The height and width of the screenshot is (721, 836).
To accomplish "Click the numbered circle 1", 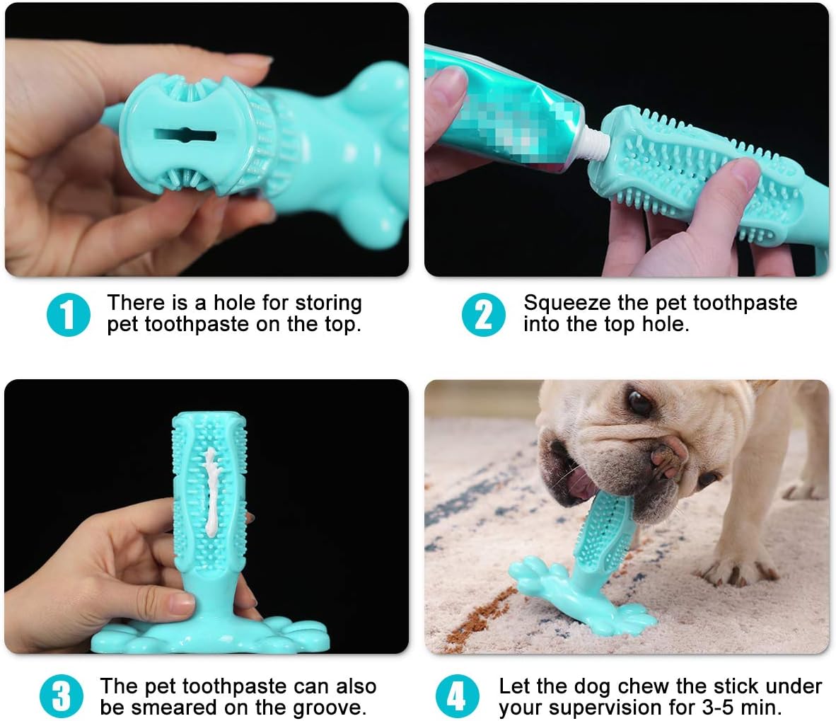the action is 68,315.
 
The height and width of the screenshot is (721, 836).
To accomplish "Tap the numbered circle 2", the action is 484,315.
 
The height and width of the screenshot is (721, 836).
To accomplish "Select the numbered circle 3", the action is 62,696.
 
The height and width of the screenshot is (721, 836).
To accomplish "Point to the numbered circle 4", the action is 458,696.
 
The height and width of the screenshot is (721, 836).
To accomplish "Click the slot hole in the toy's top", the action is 185,135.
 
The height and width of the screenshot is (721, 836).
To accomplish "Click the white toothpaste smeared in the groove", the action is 211,490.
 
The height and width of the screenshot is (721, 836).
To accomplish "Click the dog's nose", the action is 668,454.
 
